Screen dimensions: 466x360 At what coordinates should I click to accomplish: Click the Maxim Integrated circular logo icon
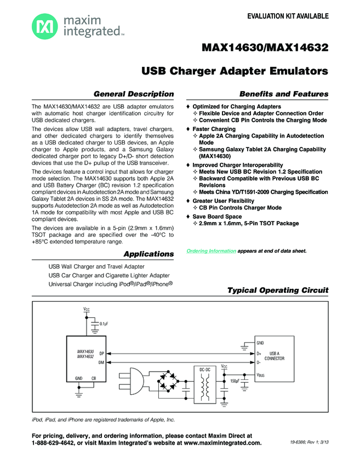[42, 25]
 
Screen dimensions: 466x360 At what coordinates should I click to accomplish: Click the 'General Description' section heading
[134, 94]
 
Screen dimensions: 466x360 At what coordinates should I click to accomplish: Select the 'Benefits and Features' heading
[284, 94]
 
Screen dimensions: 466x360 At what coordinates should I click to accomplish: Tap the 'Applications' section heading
[148, 254]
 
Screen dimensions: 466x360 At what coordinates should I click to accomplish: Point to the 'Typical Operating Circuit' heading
[278, 290]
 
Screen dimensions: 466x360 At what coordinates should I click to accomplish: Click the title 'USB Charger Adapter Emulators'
[235, 71]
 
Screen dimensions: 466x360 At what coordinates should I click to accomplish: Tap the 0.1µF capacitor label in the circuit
[103, 324]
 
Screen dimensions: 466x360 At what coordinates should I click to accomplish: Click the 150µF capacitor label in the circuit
[235, 380]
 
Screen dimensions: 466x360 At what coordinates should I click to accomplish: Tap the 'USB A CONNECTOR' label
[274, 356]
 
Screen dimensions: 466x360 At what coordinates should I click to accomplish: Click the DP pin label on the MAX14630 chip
[102, 355]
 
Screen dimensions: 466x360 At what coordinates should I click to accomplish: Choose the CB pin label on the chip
[94, 378]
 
